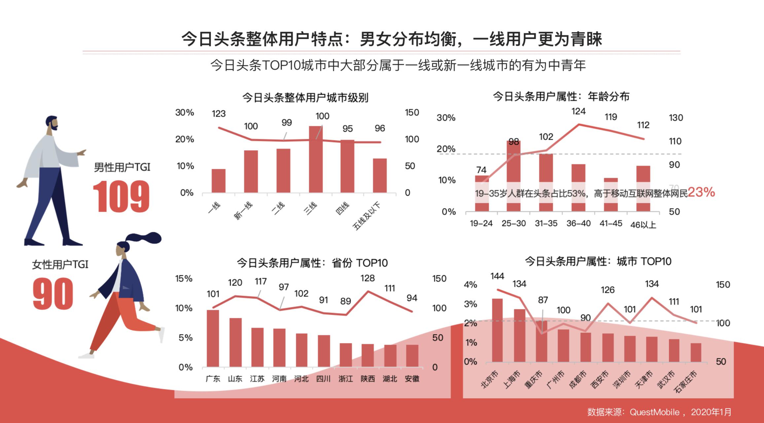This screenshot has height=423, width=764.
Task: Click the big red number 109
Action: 121,197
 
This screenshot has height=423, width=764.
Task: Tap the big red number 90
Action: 53,293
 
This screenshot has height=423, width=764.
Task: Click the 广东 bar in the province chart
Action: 213,338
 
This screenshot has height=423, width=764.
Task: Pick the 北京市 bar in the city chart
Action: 497,330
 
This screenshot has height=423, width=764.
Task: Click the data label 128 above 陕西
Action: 367,278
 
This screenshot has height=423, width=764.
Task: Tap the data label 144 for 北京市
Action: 497,276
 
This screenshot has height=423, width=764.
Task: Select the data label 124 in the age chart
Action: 578,112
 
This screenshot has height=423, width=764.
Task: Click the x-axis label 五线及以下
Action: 367,216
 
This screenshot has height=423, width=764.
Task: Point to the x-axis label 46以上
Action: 643,225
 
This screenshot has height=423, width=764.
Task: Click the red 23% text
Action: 701,192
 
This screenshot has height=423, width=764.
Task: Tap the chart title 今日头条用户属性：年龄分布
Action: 561,96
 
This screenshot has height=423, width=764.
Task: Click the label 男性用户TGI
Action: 122,167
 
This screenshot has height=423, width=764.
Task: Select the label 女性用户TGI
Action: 60,264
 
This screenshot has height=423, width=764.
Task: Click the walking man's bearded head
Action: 52,123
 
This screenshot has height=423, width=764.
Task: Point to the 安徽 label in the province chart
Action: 412,379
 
